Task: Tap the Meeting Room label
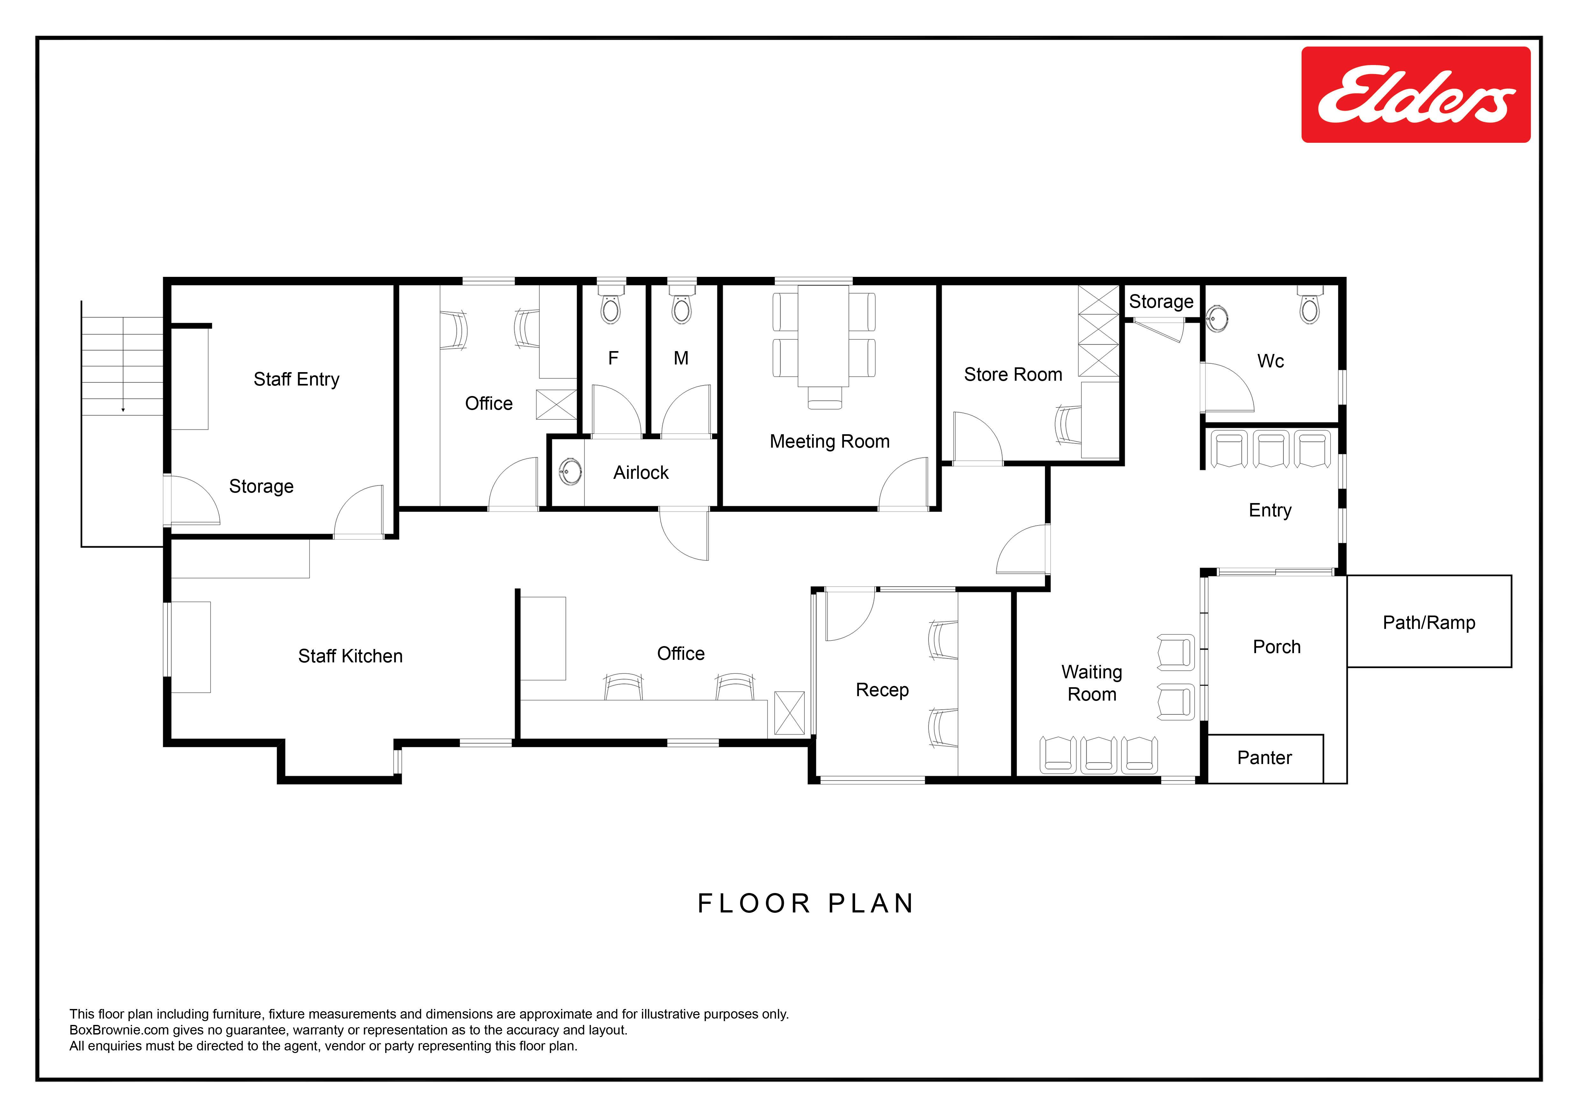point(829,442)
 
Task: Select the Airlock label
point(641,472)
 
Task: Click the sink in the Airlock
point(570,472)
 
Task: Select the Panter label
point(1264,758)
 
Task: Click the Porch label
point(1276,647)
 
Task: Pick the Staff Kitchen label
point(350,656)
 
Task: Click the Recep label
point(882,690)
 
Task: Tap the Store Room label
point(1013,375)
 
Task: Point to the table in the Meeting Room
point(823,336)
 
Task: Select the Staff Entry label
point(297,380)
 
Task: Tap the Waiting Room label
point(1092,683)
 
